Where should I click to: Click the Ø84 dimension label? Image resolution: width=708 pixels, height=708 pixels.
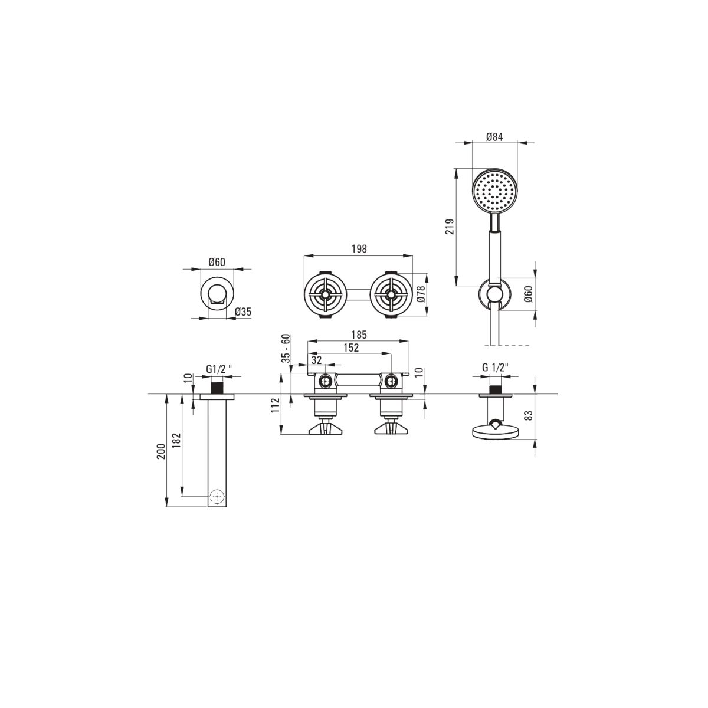click(x=494, y=137)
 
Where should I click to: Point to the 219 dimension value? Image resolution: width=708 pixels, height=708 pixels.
click(x=450, y=227)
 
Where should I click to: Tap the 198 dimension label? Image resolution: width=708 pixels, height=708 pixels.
click(x=359, y=249)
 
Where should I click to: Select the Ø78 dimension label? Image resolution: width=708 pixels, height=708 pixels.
click(x=421, y=294)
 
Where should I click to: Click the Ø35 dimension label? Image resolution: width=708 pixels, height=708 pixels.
click(x=243, y=312)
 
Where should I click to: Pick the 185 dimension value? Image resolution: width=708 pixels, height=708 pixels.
click(x=359, y=335)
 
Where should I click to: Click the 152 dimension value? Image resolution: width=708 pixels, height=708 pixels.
click(x=351, y=348)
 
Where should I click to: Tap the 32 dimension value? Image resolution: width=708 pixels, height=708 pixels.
click(x=316, y=360)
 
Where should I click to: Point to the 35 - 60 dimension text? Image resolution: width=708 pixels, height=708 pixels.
click(x=286, y=348)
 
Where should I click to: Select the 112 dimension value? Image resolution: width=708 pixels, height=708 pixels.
click(x=276, y=405)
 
